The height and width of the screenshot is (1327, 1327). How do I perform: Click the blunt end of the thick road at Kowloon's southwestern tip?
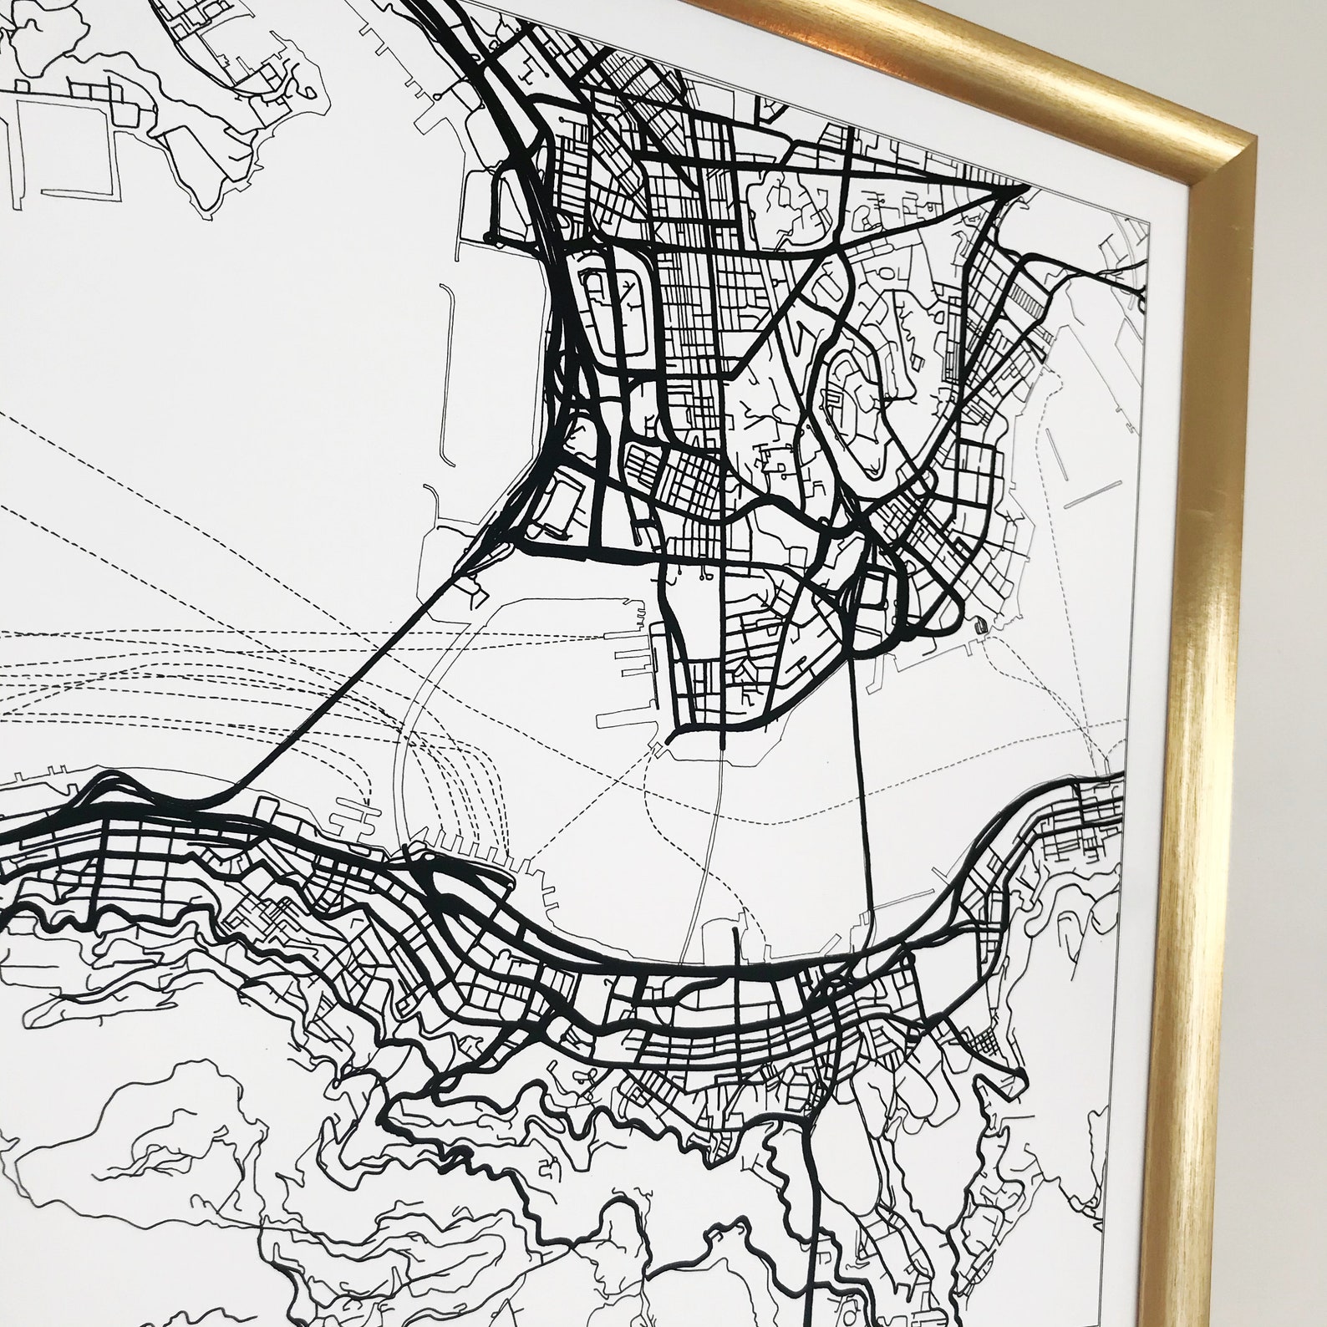pos(672,739)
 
